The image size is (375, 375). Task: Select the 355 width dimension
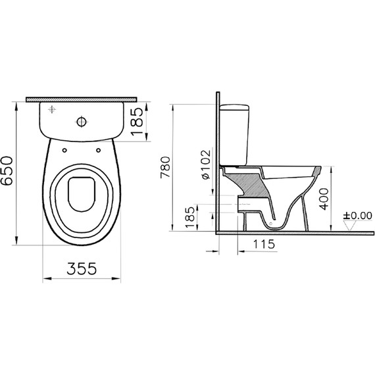pyautogui.click(x=82, y=268)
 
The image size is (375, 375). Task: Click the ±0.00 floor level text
pyautogui.click(x=357, y=214)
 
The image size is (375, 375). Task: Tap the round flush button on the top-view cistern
pyautogui.click(x=82, y=121)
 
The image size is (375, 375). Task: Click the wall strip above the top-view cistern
pyautogui.click(x=82, y=99)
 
